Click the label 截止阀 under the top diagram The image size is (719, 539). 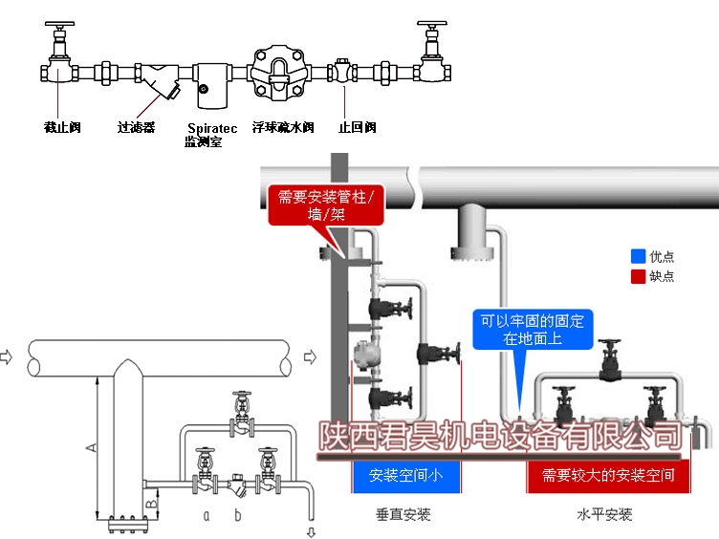(x=62, y=126)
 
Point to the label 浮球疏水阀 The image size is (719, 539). (x=283, y=126)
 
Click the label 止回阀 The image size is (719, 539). (x=358, y=126)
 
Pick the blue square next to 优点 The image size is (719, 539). (x=638, y=256)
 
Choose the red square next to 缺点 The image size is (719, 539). (x=638, y=276)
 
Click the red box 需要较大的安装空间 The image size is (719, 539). (x=608, y=474)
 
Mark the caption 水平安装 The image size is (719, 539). (x=603, y=515)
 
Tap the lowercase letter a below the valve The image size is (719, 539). (x=206, y=517)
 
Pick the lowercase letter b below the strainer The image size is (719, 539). (x=239, y=517)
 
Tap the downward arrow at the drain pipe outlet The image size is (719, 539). (x=310, y=529)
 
